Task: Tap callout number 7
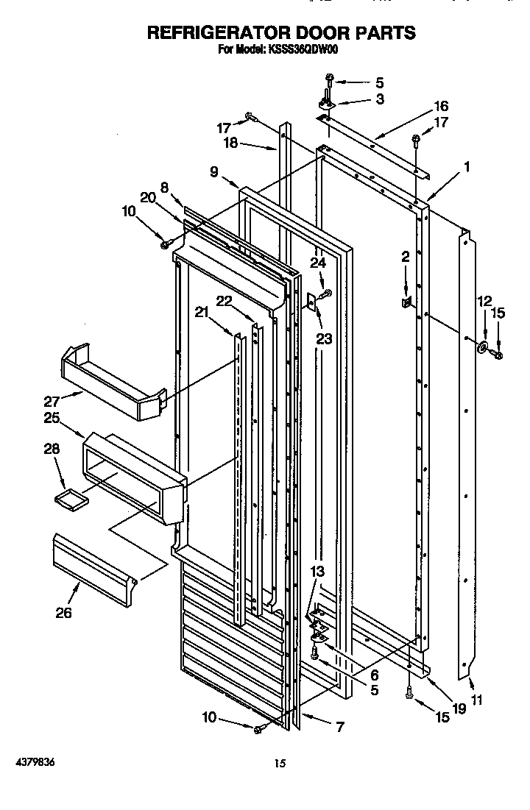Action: pyautogui.click(x=339, y=728)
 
